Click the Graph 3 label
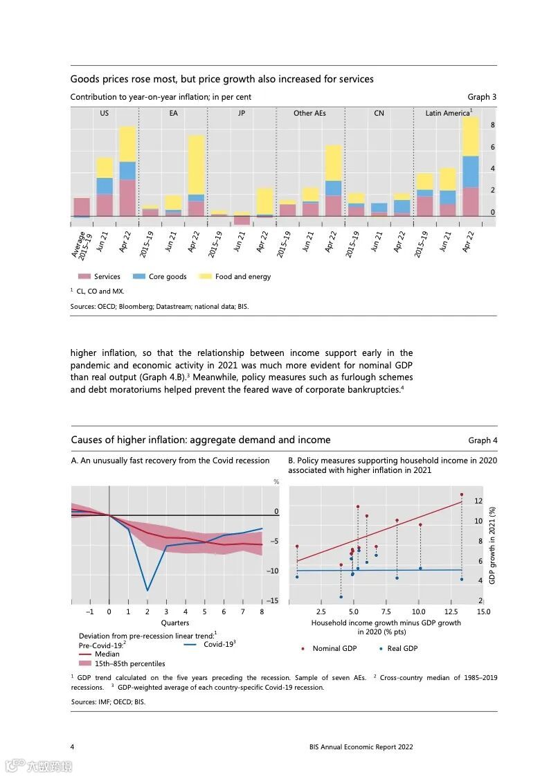(x=482, y=97)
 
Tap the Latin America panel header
(x=447, y=113)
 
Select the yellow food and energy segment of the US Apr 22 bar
(x=127, y=144)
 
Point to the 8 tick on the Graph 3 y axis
(x=492, y=125)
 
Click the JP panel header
(x=241, y=113)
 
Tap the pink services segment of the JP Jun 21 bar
(x=242, y=220)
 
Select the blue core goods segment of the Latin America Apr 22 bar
(x=471, y=172)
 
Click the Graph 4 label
(x=483, y=440)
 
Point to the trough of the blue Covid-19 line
(x=147, y=590)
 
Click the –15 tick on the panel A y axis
(x=272, y=600)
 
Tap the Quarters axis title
(x=175, y=623)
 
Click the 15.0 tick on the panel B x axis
(x=483, y=612)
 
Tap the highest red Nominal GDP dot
(x=461, y=494)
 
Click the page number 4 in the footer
(x=73, y=747)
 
